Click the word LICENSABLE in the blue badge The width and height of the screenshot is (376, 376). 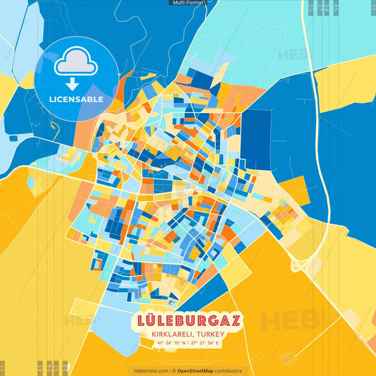pyautogui.click(x=76, y=99)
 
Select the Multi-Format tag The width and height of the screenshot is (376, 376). pyautogui.click(x=188, y=3)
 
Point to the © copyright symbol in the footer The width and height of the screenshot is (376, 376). pyautogui.click(x=174, y=370)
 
